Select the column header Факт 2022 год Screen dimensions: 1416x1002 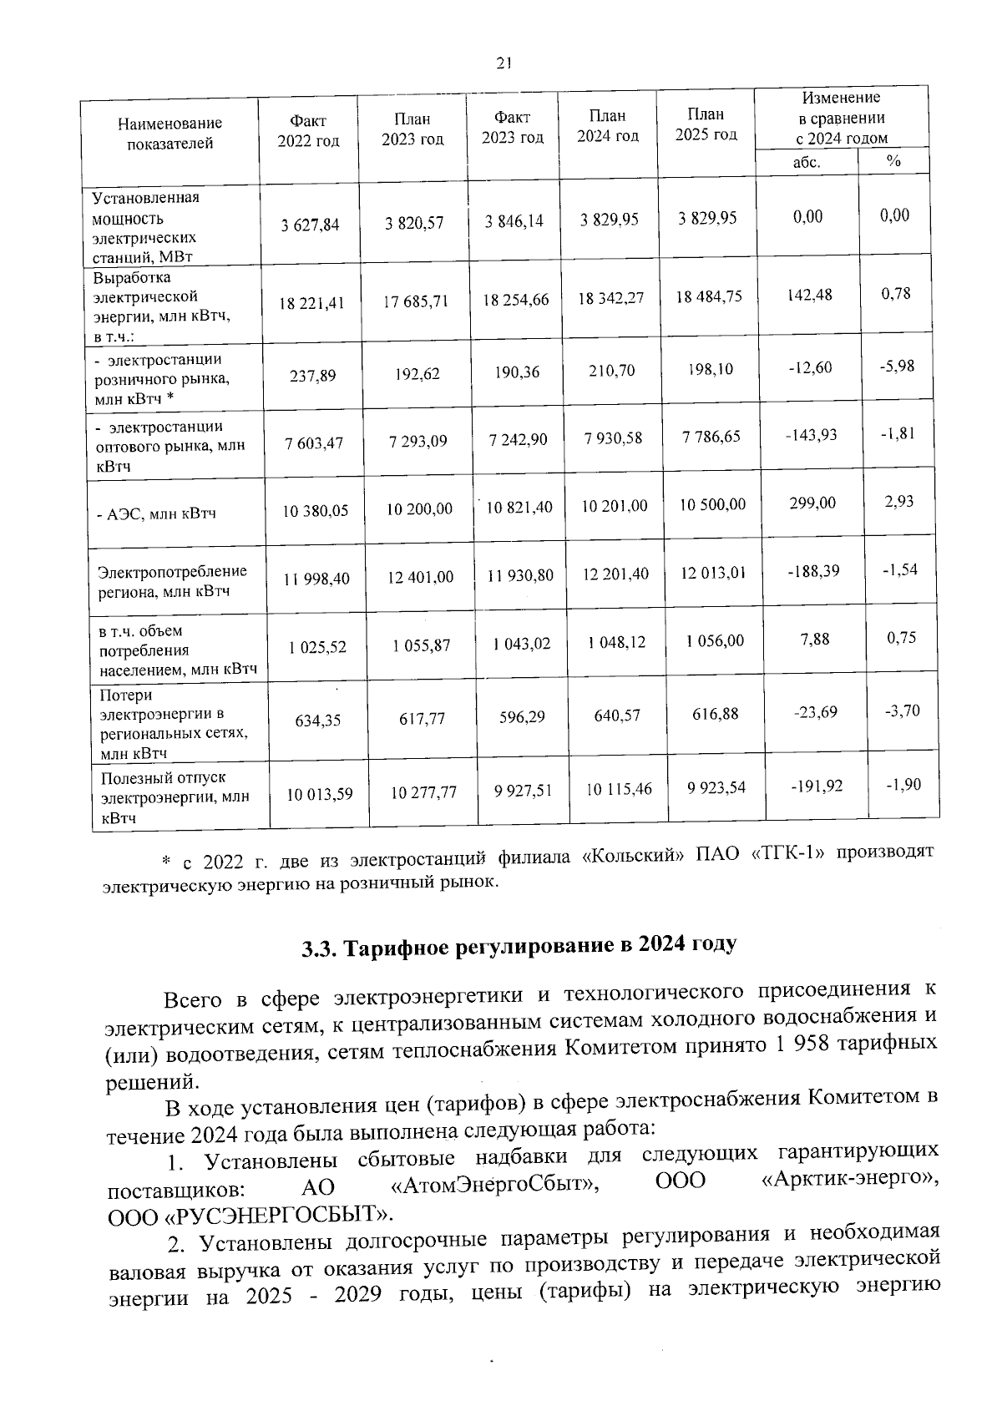click(308, 131)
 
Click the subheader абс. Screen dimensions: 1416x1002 click(806, 162)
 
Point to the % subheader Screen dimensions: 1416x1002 click(893, 161)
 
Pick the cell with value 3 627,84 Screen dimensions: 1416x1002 click(311, 224)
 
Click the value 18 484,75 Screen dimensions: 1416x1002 click(710, 296)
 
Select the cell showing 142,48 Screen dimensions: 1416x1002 click(809, 296)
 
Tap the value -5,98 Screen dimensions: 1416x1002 click(898, 366)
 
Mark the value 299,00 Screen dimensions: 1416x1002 click(812, 503)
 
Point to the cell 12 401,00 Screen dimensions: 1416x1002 click(420, 577)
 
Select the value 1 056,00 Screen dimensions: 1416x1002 click(715, 641)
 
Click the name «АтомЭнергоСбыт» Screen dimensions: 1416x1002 click(494, 1183)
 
